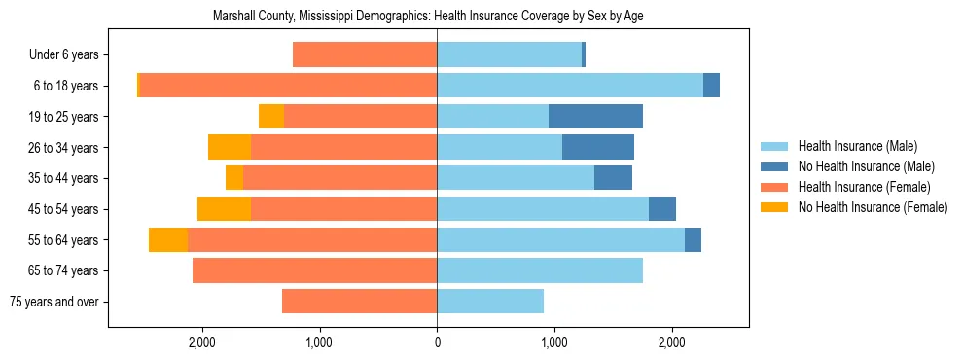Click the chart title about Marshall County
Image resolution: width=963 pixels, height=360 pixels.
coord(428,16)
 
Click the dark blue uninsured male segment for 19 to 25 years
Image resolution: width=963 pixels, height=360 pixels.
coord(595,117)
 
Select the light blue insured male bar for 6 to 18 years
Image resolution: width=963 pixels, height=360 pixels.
coord(569,86)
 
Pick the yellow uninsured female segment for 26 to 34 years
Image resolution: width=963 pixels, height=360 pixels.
coord(230,148)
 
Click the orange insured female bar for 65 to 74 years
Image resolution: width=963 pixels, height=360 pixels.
coord(314,270)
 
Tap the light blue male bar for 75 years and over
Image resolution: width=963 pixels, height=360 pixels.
coord(490,302)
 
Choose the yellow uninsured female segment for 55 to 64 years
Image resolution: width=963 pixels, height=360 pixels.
coord(168,240)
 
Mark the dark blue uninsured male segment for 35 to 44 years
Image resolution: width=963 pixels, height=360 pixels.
coord(613,178)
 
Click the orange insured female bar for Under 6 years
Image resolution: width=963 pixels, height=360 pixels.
coord(365,55)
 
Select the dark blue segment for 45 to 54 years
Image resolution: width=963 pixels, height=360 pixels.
coord(662,209)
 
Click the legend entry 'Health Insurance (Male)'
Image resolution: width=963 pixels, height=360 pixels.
coord(857,146)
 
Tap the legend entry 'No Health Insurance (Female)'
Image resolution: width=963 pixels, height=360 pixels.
coord(873,207)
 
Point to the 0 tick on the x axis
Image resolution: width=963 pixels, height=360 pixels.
coord(437,342)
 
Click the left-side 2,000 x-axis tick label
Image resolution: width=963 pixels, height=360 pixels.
coord(202,342)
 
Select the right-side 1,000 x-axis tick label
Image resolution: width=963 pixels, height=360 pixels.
coord(554,342)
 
